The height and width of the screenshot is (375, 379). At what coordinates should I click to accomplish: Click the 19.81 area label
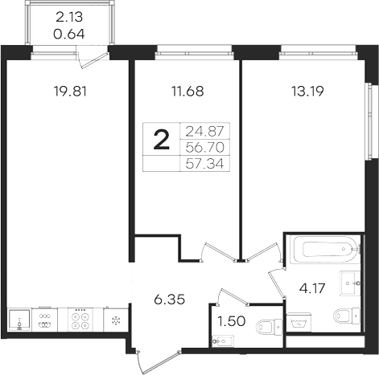(70, 92)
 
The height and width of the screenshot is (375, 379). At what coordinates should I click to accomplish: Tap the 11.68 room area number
(187, 92)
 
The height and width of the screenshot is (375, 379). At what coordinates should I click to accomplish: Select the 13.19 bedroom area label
(307, 92)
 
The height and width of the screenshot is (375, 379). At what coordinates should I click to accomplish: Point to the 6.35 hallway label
(170, 300)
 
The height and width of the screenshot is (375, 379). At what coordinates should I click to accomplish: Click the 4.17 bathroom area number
(312, 288)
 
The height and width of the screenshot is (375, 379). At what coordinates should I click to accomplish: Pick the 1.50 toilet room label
(232, 321)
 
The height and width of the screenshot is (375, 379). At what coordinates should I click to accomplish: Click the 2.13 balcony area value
(69, 18)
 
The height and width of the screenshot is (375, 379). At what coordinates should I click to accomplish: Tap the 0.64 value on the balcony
(69, 35)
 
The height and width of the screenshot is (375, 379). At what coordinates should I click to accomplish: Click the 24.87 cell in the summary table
(204, 131)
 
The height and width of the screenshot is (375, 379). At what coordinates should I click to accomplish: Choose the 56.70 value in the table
(204, 147)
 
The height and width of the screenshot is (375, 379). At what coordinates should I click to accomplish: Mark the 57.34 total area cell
(204, 163)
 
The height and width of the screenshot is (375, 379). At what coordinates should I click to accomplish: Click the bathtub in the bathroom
(327, 250)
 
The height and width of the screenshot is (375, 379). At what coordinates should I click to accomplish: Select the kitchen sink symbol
(19, 320)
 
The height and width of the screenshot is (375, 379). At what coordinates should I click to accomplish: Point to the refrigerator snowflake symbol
(116, 320)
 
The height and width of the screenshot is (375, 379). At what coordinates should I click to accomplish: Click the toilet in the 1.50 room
(269, 327)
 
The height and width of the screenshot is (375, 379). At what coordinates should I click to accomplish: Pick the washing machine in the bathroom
(299, 322)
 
